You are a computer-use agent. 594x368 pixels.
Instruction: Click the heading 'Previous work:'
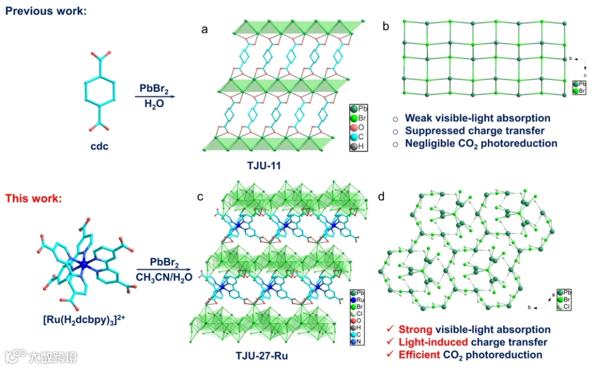(46, 10)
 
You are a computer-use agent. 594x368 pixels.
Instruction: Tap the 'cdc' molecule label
(100, 147)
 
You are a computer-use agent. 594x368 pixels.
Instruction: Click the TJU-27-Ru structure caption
(263, 356)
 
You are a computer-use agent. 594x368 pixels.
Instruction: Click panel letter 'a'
(205, 30)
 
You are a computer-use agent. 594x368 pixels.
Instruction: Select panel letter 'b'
(386, 26)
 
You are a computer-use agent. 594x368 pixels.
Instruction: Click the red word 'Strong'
(416, 329)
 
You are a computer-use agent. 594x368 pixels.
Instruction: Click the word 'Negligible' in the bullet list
(433, 143)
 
